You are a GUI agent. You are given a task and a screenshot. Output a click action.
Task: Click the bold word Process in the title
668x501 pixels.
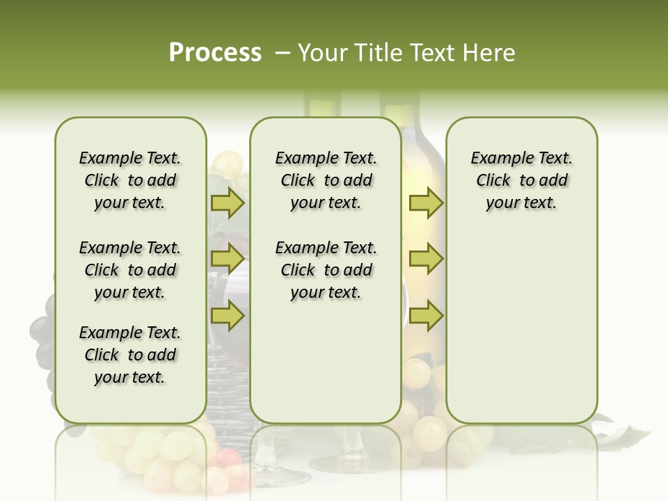(215, 53)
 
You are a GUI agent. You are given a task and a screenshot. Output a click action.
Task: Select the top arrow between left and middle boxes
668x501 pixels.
(228, 203)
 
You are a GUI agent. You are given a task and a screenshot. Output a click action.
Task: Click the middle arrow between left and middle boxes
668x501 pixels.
(228, 260)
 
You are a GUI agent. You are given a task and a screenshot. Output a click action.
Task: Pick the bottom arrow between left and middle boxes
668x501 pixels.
(228, 316)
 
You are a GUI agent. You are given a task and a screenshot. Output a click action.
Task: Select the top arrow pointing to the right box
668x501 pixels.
(426, 203)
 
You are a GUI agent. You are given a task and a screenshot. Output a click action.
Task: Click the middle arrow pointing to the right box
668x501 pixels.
(426, 260)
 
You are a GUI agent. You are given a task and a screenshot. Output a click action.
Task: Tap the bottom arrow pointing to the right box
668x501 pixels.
(426, 316)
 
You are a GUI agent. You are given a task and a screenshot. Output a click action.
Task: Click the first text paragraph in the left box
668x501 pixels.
(130, 180)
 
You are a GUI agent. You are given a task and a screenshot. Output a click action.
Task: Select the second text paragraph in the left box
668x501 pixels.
(130, 270)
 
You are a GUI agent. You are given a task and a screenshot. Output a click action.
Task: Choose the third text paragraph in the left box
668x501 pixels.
(130, 355)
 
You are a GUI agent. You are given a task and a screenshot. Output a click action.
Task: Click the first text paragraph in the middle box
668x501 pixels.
(326, 180)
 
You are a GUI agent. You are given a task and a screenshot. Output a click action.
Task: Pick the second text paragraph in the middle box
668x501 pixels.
(326, 270)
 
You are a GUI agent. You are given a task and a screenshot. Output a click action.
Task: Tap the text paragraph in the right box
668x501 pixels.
(521, 180)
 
